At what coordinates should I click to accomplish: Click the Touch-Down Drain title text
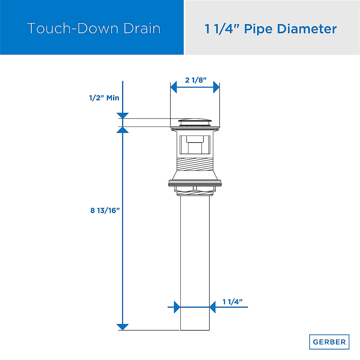click(94, 28)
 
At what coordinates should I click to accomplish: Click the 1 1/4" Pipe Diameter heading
click(271, 29)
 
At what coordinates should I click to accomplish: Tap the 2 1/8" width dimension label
click(196, 80)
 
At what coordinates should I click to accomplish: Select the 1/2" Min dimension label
click(104, 98)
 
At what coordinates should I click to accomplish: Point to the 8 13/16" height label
click(105, 210)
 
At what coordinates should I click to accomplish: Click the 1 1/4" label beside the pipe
click(232, 302)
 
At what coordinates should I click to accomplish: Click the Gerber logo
click(329, 342)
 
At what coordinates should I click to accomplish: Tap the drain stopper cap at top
click(195, 121)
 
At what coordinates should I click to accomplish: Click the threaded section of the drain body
click(195, 164)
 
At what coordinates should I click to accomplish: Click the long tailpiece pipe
click(195, 255)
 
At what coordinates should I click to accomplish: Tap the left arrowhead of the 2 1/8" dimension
click(173, 88)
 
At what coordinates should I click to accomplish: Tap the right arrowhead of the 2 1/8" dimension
click(216, 88)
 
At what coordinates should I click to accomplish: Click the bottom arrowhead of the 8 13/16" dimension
click(122, 327)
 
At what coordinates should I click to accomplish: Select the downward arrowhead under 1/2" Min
click(123, 115)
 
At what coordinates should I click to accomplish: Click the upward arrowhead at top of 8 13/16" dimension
click(123, 130)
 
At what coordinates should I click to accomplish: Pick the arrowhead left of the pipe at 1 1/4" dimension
click(177, 307)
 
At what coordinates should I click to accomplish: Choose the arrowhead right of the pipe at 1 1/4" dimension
click(213, 307)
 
